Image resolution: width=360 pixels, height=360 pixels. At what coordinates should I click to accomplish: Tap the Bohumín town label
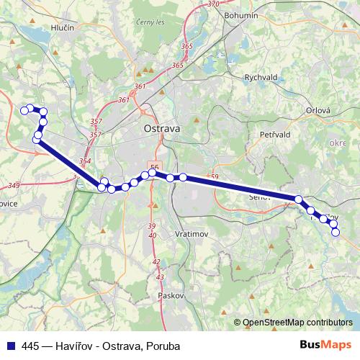coord(242,14)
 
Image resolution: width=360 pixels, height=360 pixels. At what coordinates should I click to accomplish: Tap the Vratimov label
coord(192,235)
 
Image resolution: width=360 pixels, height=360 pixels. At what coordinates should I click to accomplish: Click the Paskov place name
coord(173,295)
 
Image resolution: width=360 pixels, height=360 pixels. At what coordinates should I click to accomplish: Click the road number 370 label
coord(213,4)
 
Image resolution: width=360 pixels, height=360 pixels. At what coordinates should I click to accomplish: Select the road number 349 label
coord(14,186)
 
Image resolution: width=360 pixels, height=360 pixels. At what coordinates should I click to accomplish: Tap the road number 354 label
coord(86,161)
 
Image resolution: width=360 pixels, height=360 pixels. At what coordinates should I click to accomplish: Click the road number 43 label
coord(160,276)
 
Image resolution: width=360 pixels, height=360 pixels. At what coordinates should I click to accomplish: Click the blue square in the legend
coord(10,346)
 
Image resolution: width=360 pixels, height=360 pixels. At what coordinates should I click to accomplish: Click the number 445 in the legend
coord(31,346)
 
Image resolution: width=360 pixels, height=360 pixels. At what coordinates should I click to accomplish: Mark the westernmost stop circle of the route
coord(24,110)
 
